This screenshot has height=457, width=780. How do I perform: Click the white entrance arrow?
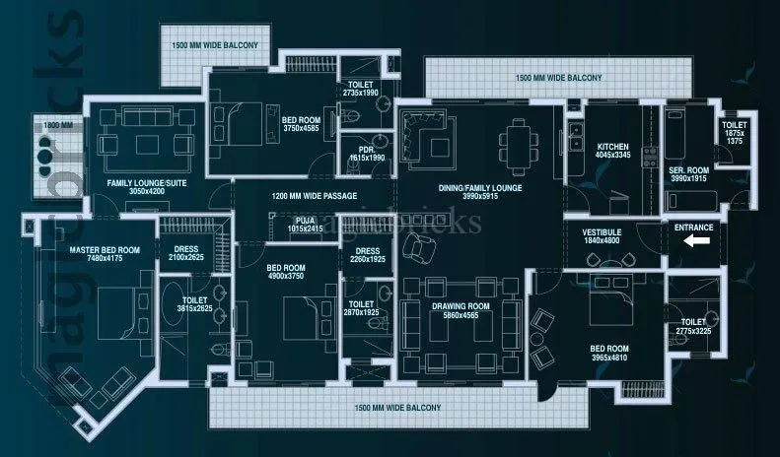coord(697,239)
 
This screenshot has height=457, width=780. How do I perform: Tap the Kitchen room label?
coord(612,145)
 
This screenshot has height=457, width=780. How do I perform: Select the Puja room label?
coord(305,220)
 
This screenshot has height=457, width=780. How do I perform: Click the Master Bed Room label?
coord(105,250)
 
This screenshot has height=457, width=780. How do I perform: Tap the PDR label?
coord(367,148)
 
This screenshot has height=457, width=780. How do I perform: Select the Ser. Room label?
coord(688,169)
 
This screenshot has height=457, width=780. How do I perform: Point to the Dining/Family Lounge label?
coord(480,187)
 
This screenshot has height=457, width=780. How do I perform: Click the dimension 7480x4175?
coord(105,259)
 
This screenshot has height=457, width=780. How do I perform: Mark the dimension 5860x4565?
coord(461,316)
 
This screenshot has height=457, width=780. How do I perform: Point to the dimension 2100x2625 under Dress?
coord(186,257)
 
